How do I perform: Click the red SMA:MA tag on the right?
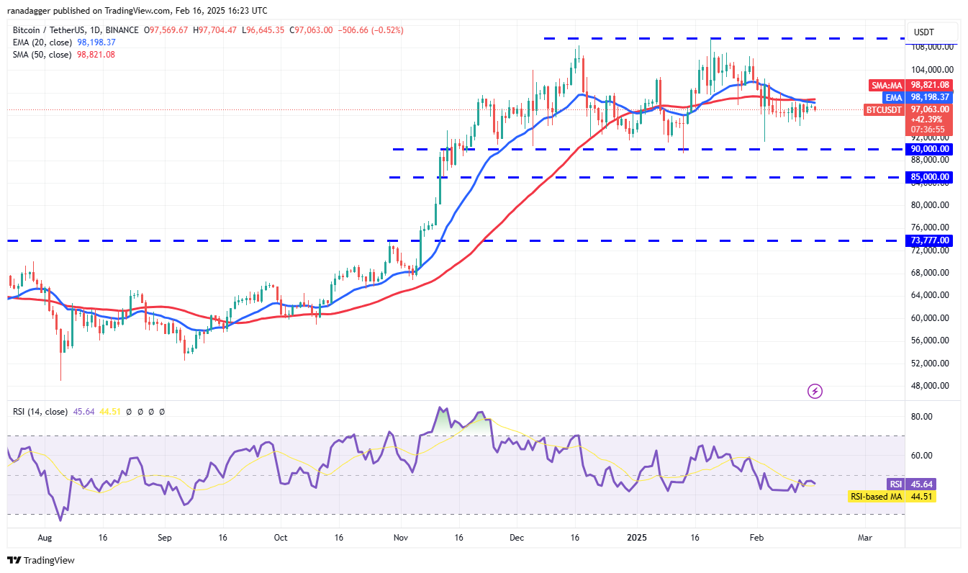(x=887, y=85)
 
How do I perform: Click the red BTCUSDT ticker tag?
(x=882, y=109)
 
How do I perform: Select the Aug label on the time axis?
(x=45, y=538)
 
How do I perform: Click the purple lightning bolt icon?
(x=815, y=392)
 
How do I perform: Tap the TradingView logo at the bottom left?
(x=41, y=560)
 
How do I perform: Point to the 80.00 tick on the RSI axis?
(x=922, y=417)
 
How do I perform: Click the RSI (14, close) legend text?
(x=40, y=412)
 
